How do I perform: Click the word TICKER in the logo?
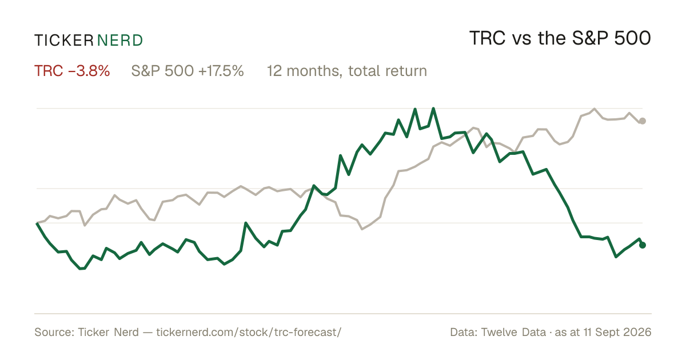pyautogui.click(x=64, y=41)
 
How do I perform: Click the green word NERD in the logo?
pyautogui.click(x=120, y=41)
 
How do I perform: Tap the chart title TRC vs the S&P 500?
pyautogui.click(x=560, y=38)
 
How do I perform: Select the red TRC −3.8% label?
pyautogui.click(x=72, y=71)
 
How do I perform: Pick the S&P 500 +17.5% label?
pyautogui.click(x=188, y=71)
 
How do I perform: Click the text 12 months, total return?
pyautogui.click(x=347, y=71)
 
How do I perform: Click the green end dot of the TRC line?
pyautogui.click(x=643, y=245)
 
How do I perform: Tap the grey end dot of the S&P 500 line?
pyautogui.click(x=643, y=121)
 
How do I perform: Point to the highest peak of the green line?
pyautogui.click(x=433, y=109)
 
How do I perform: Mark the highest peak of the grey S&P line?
pyautogui.click(x=595, y=109)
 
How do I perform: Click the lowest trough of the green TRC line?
pyautogui.click(x=81, y=269)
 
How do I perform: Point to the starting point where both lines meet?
pyautogui.click(x=37, y=223)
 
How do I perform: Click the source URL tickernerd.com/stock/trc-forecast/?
pyautogui.click(x=249, y=332)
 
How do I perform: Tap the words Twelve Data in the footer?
pyautogui.click(x=513, y=332)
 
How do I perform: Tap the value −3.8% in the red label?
pyautogui.click(x=89, y=71)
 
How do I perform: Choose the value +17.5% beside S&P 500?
pyautogui.click(x=221, y=71)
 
